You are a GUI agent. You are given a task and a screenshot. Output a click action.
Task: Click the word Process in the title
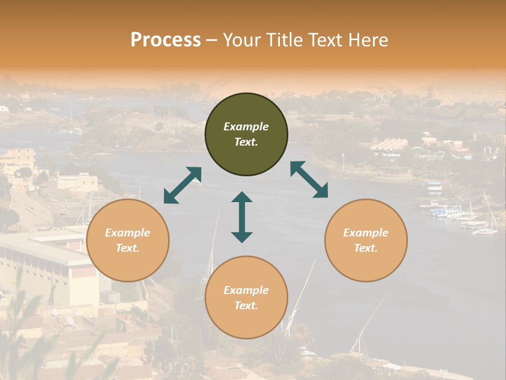coord(166,40)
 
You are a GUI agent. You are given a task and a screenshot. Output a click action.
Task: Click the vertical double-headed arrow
coord(242,217)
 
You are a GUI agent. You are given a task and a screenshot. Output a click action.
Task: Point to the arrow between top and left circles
coord(182,185)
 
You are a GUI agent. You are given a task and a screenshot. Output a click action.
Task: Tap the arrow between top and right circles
coord(309,180)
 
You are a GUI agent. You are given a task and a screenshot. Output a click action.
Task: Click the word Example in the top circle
coord(246,127)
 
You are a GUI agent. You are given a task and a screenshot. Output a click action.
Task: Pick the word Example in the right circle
coord(366,233)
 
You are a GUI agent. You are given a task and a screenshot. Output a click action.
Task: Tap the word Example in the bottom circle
coord(246,290)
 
